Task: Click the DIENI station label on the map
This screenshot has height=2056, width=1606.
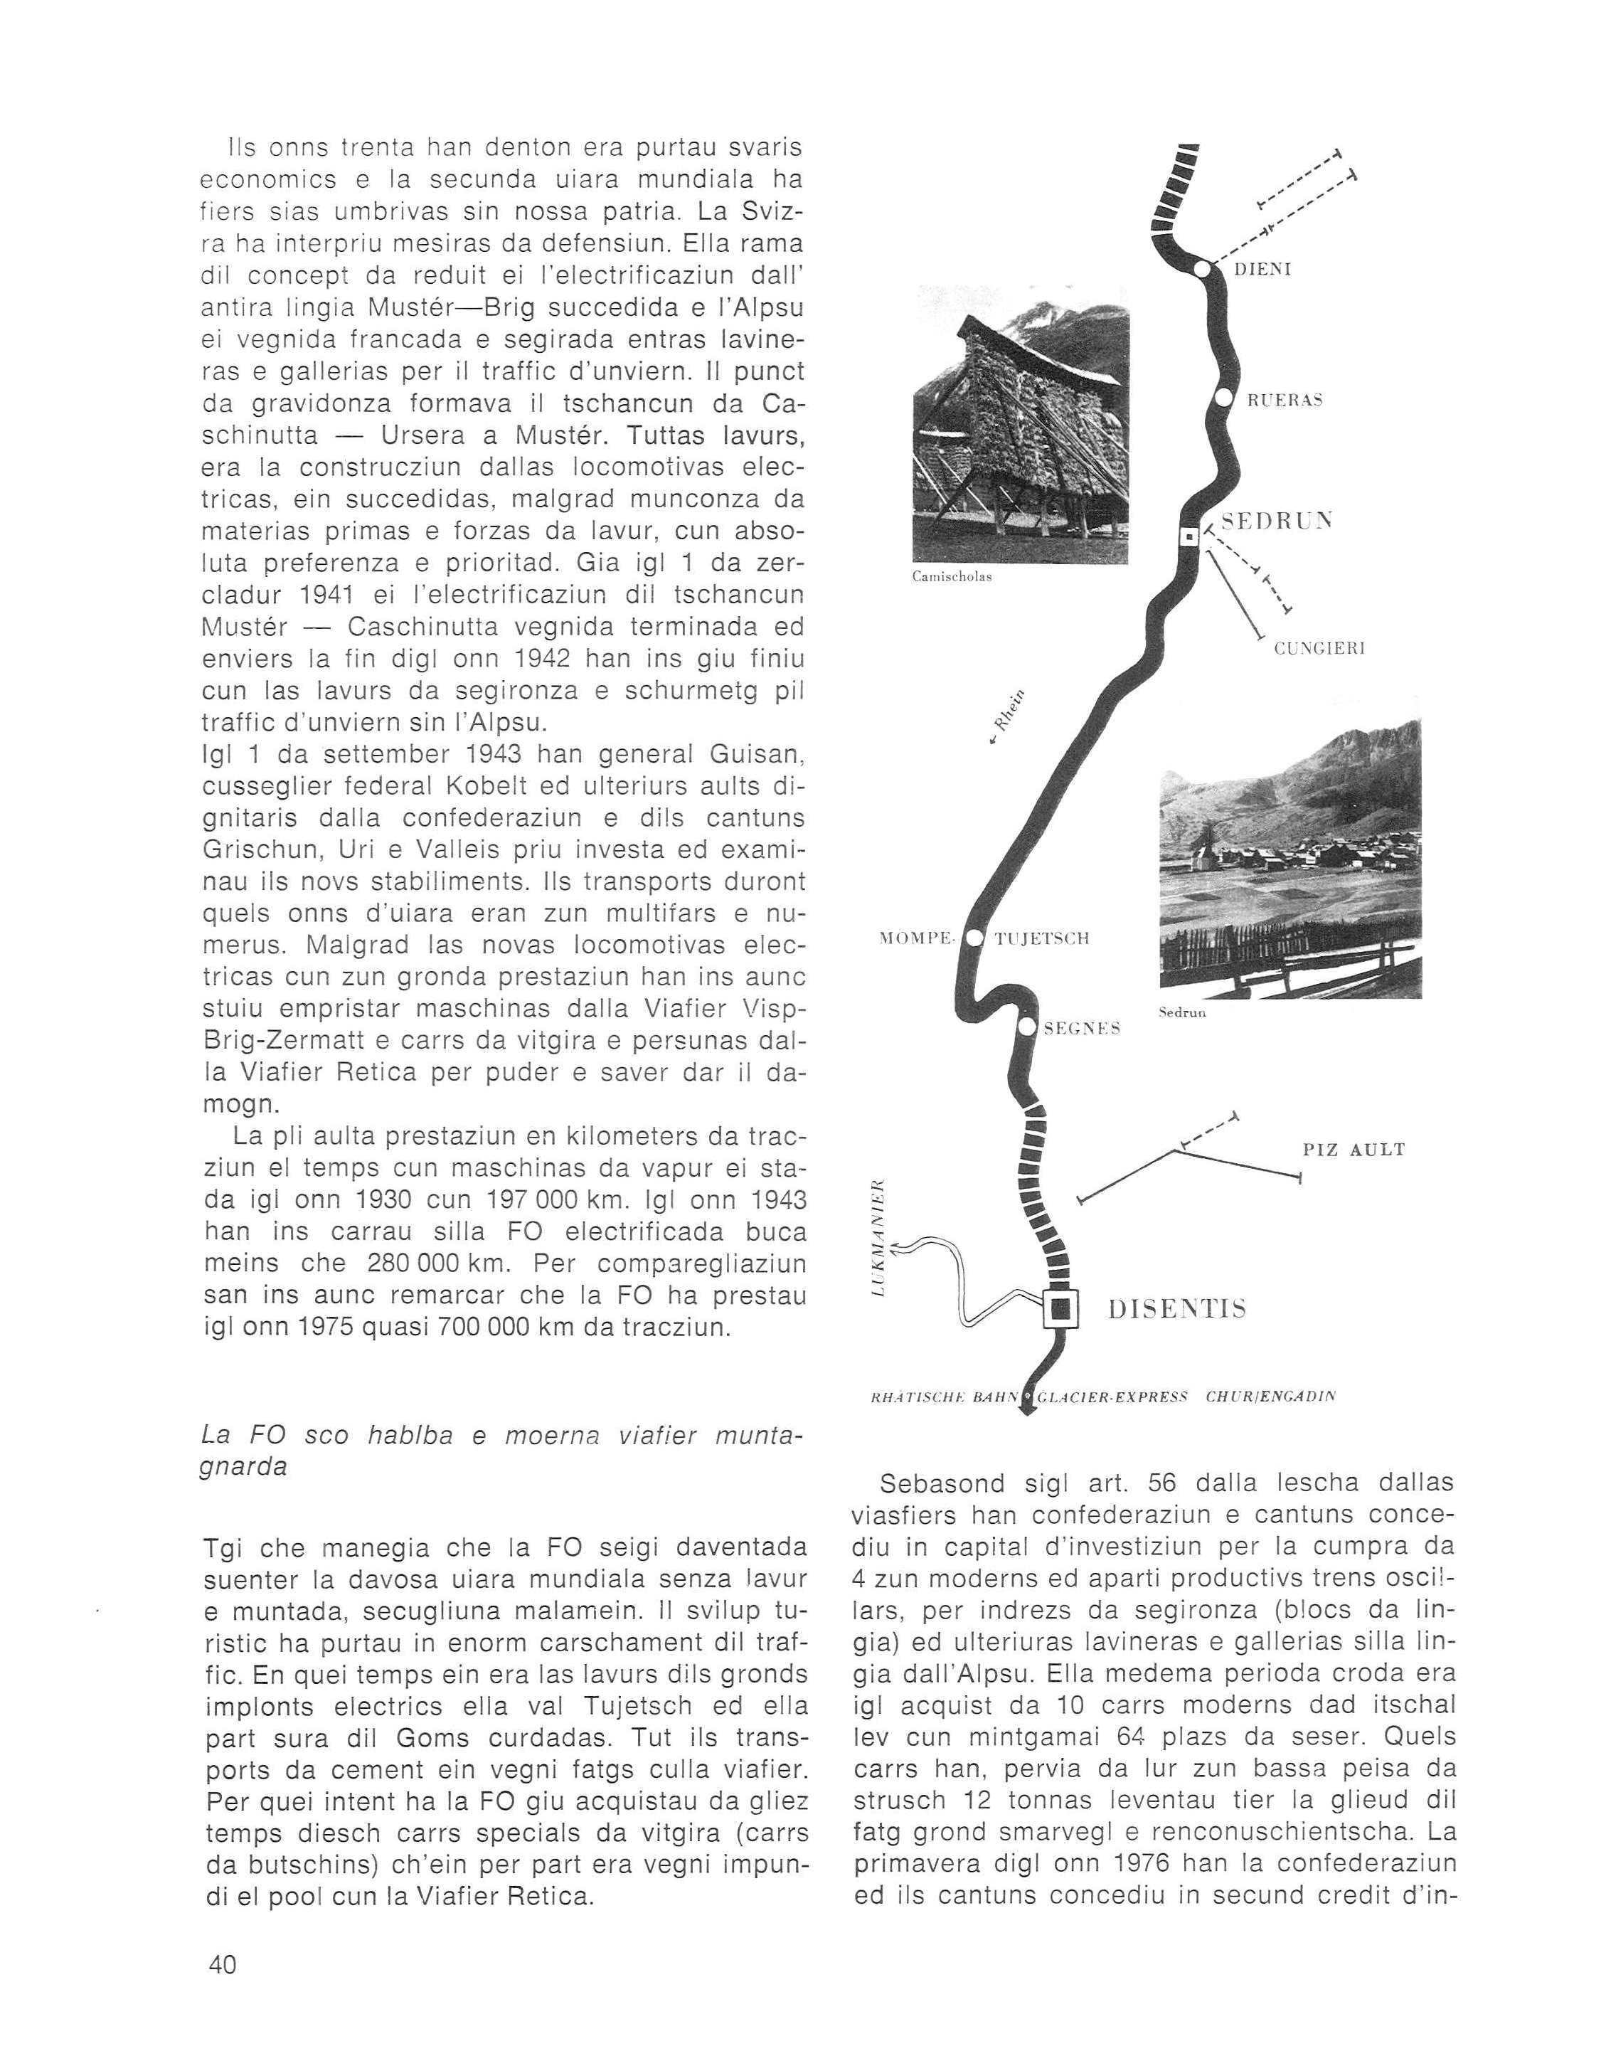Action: [1263, 270]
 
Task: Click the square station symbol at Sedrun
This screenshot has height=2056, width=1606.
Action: [1190, 536]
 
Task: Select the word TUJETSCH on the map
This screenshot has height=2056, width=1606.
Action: [1042, 938]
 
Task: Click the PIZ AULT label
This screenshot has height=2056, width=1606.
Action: [1354, 1150]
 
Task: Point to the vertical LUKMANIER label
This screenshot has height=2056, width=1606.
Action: [878, 1237]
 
